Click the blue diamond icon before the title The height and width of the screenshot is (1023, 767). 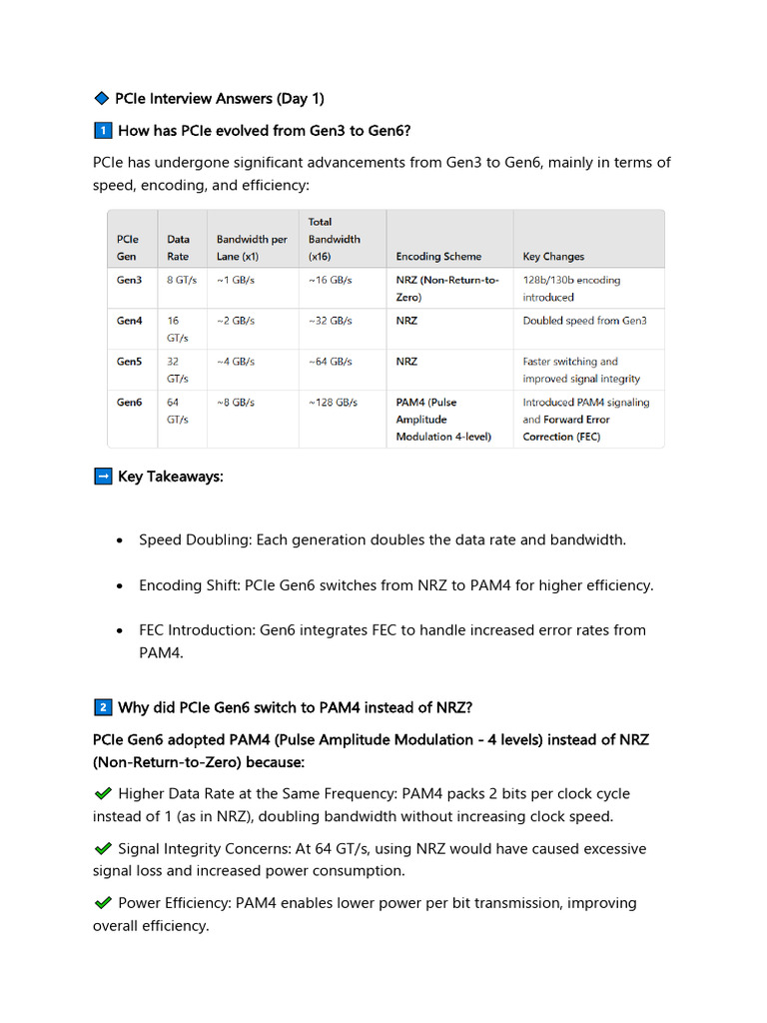(101, 99)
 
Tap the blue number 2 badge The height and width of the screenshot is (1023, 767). (102, 708)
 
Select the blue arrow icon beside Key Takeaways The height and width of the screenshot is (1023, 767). (102, 477)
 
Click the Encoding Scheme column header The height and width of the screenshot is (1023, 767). (438, 257)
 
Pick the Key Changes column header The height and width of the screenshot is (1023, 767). (553, 257)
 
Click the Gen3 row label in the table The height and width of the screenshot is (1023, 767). (129, 281)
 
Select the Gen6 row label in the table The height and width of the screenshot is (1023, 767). (129, 403)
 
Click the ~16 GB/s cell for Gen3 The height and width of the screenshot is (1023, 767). (331, 281)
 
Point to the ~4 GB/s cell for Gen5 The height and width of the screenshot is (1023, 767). (236, 362)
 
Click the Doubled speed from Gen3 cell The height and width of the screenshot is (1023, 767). (584, 321)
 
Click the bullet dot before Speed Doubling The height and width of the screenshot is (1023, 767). (120, 540)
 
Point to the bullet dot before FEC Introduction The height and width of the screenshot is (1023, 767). (120, 631)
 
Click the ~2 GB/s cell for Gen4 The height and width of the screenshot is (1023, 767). (236, 321)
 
